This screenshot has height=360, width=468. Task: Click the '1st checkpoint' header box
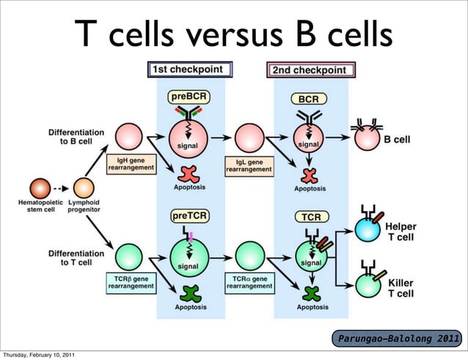click(x=190, y=70)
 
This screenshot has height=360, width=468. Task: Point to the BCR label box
click(x=308, y=97)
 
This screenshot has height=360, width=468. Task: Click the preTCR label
click(x=189, y=216)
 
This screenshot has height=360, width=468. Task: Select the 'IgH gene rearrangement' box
click(x=131, y=163)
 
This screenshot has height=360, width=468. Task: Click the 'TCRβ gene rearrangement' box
click(x=131, y=282)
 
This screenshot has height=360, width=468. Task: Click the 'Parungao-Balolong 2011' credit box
click(x=398, y=339)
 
